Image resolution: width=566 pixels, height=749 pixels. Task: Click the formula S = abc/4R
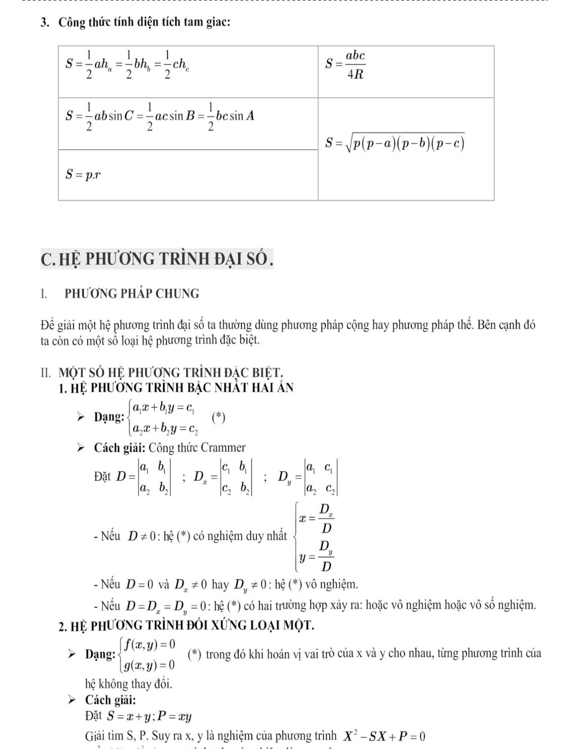click(x=345, y=64)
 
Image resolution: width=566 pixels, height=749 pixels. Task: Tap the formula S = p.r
click(x=83, y=175)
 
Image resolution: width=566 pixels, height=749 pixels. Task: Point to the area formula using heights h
click(x=127, y=64)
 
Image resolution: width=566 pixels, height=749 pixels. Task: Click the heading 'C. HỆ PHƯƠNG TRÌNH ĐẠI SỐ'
click(x=157, y=259)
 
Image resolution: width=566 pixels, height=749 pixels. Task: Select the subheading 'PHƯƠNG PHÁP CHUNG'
click(x=132, y=293)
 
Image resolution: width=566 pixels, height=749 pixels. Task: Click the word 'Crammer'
click(x=223, y=448)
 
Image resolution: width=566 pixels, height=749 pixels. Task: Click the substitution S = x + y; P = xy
click(x=149, y=717)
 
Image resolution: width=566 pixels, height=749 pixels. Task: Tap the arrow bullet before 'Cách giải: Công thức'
click(x=81, y=448)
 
